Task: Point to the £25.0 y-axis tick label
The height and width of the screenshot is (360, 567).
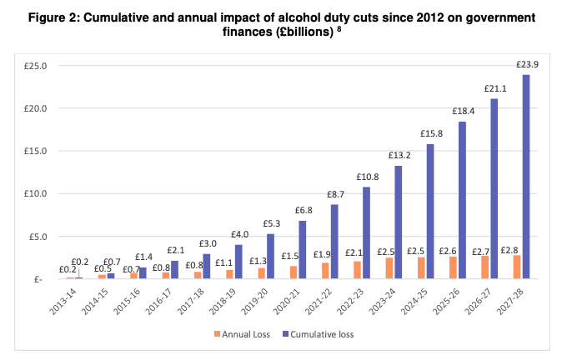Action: point(36,66)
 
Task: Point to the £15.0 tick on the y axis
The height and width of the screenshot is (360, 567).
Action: point(36,151)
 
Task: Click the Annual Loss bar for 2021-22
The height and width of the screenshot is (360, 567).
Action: point(325,270)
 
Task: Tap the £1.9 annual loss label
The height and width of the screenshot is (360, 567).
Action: point(322,254)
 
